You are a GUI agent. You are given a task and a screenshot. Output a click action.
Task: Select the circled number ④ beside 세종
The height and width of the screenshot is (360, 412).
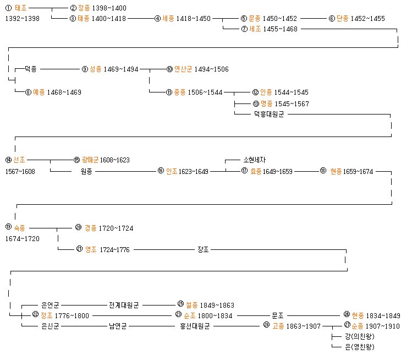point(157,19)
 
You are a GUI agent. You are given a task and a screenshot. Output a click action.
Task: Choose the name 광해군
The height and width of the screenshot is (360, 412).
point(90,160)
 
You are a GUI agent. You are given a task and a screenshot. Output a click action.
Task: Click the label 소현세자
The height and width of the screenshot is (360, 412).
point(255,160)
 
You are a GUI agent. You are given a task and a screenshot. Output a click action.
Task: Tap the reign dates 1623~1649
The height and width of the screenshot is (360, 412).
point(194,171)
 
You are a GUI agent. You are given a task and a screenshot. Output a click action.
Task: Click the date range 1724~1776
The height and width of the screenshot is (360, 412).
point(115,249)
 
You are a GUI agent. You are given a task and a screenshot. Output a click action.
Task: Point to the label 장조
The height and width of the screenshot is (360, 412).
point(203,249)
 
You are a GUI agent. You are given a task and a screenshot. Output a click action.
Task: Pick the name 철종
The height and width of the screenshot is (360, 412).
point(192,304)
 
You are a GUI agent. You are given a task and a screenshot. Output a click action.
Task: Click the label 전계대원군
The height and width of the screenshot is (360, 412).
point(124,304)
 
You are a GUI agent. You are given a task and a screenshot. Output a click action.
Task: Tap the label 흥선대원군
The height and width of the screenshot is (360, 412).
point(195,326)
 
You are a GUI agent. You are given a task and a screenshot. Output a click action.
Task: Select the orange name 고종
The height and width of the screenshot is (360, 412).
point(279,326)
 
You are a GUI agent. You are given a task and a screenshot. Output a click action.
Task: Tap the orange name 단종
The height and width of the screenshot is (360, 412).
point(343,19)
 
